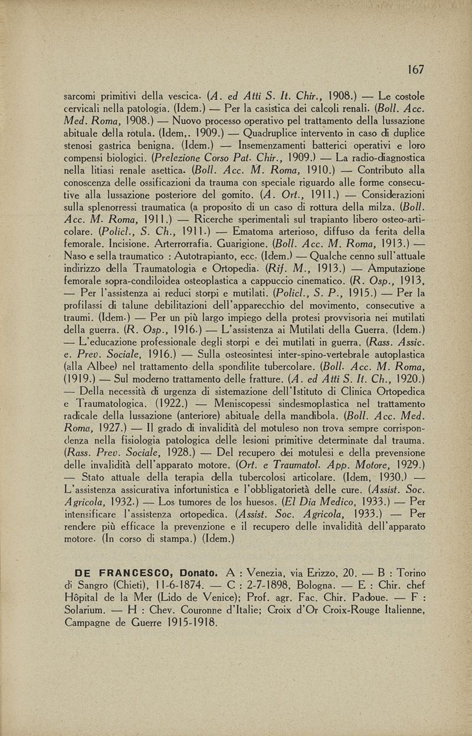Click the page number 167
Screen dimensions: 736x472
(x=415, y=70)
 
